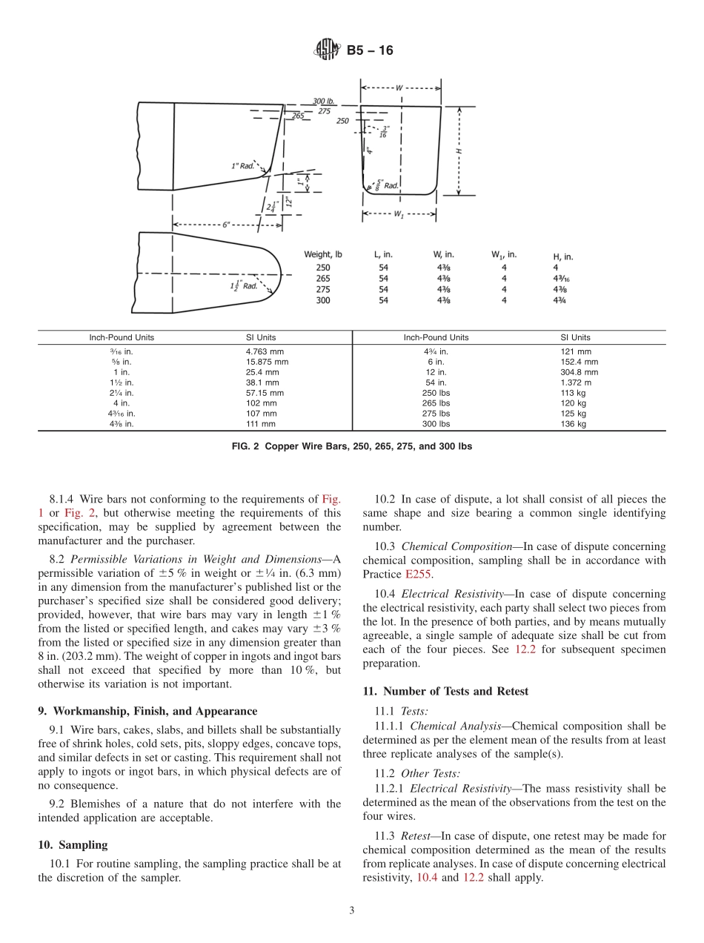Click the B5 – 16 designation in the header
[x=370, y=50]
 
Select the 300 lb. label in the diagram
[x=324, y=102]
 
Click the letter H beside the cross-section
[x=459, y=150]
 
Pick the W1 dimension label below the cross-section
[x=399, y=215]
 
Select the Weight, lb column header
[x=323, y=255]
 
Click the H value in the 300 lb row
[x=560, y=300]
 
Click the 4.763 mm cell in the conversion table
[x=262, y=351]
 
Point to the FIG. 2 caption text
[x=351, y=447]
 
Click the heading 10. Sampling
[x=73, y=844]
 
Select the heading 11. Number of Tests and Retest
[x=445, y=691]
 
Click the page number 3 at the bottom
[x=352, y=910]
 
